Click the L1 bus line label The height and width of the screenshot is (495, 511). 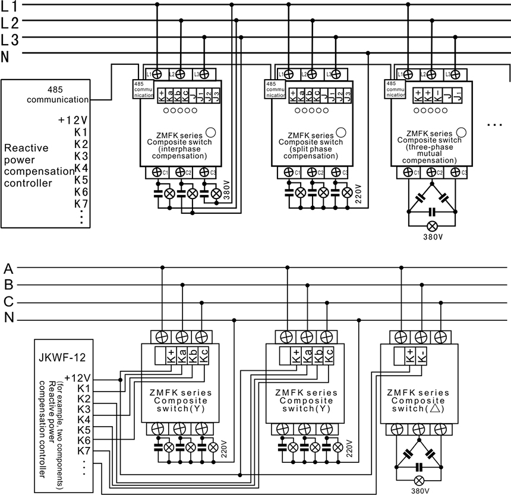pyautogui.click(x=10, y=8)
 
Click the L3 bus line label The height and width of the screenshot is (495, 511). pyautogui.click(x=10, y=40)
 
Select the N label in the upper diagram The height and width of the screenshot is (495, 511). pyautogui.click(x=7, y=56)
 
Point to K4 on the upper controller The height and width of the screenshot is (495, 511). pyautogui.click(x=81, y=168)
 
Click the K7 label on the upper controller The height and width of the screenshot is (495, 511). pyautogui.click(x=81, y=204)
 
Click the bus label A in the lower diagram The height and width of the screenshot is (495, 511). pyautogui.click(x=8, y=267)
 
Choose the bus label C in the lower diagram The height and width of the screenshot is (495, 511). pyautogui.click(x=8, y=301)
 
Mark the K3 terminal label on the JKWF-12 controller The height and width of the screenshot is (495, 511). pyautogui.click(x=84, y=409)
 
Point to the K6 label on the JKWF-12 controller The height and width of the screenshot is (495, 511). pyautogui.click(x=84, y=440)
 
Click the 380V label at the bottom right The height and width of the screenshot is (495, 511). pyautogui.click(x=420, y=491)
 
